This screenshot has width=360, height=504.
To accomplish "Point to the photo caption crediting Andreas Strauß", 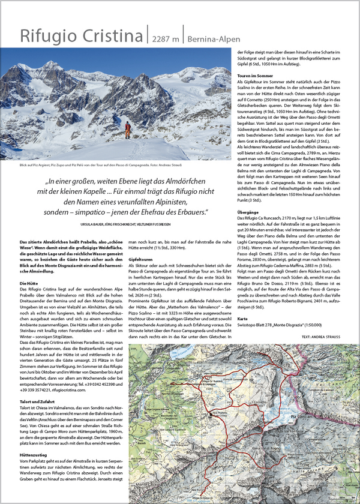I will [x=109, y=164].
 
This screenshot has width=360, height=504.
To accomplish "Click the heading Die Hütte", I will [x=29, y=265].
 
